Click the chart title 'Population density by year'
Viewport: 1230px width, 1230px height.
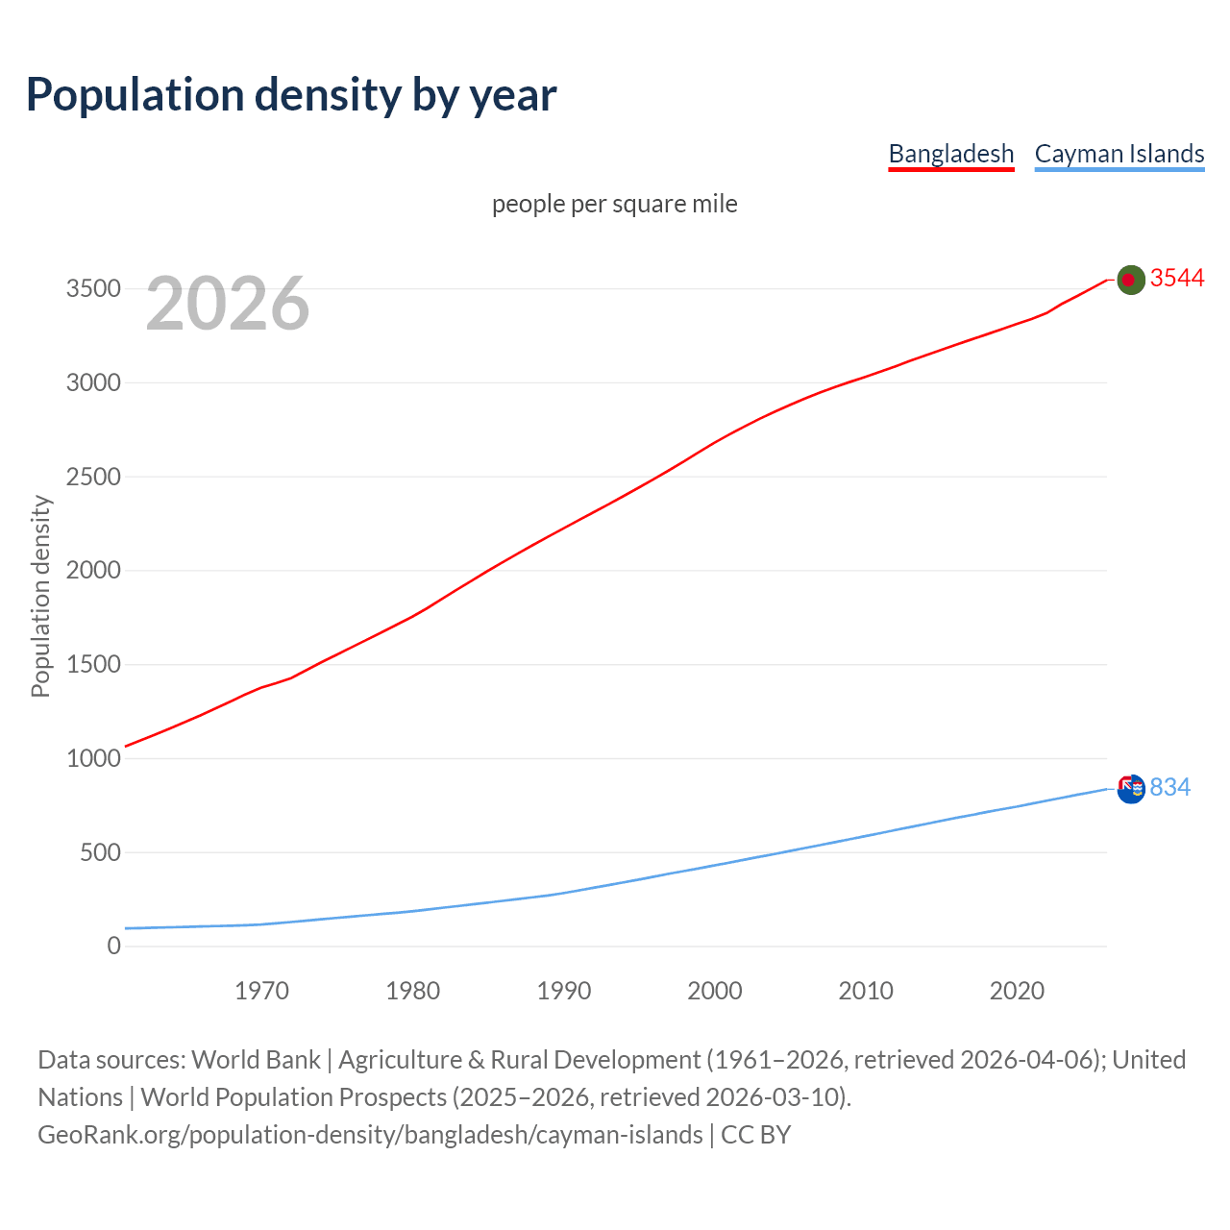point(291,94)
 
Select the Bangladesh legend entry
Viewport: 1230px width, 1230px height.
point(950,154)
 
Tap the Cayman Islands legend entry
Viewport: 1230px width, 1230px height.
point(1119,154)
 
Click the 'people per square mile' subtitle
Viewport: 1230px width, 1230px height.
point(614,204)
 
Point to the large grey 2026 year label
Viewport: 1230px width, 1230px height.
point(228,304)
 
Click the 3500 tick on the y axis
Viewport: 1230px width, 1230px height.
point(93,289)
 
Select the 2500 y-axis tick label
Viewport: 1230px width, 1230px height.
point(93,477)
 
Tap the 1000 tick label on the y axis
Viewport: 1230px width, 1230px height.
point(93,758)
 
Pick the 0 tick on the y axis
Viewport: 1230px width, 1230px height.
point(114,946)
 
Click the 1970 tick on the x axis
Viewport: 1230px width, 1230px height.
point(261,991)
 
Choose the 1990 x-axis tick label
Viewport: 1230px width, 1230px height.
point(564,991)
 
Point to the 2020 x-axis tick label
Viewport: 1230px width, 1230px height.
point(1017,991)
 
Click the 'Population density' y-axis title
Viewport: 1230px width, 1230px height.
point(40,596)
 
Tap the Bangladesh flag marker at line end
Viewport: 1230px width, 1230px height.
point(1131,280)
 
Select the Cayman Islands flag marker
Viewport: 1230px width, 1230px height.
point(1131,788)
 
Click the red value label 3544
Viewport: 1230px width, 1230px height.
point(1176,278)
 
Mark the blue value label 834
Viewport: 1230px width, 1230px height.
point(1169,787)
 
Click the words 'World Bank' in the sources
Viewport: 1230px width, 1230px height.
point(256,1060)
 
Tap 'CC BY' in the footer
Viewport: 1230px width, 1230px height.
point(755,1135)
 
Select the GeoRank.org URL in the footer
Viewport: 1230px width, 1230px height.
point(370,1135)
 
